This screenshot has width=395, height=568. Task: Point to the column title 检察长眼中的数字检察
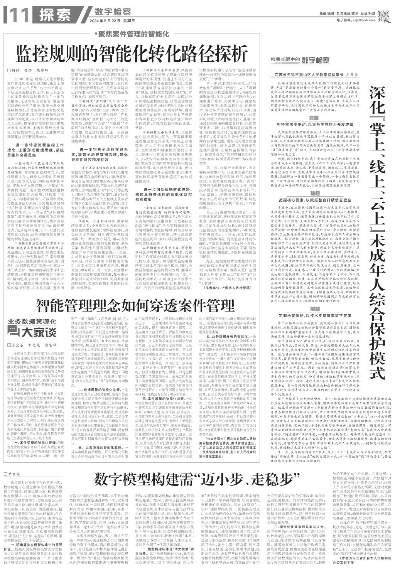300,60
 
